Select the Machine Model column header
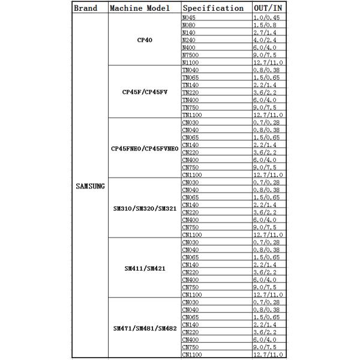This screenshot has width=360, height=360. pyautogui.click(x=143, y=8)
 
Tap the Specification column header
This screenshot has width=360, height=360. pyautogui.click(x=213, y=8)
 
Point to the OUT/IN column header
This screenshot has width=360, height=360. pyautogui.click(x=268, y=8)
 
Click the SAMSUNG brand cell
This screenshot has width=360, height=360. pyautogui.click(x=90, y=186)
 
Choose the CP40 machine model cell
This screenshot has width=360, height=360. pyautogui.click(x=144, y=40)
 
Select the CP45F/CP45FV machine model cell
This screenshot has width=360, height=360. pyautogui.click(x=144, y=92)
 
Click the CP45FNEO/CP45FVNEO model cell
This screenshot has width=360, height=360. pyautogui.click(x=144, y=148)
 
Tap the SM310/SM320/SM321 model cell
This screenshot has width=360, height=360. pyautogui.click(x=144, y=208)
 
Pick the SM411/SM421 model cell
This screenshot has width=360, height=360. pyautogui.click(x=144, y=268)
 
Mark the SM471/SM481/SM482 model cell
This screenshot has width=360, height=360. pyautogui.click(x=144, y=328)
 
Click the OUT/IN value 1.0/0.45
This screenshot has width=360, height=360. pyautogui.click(x=267, y=17)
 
